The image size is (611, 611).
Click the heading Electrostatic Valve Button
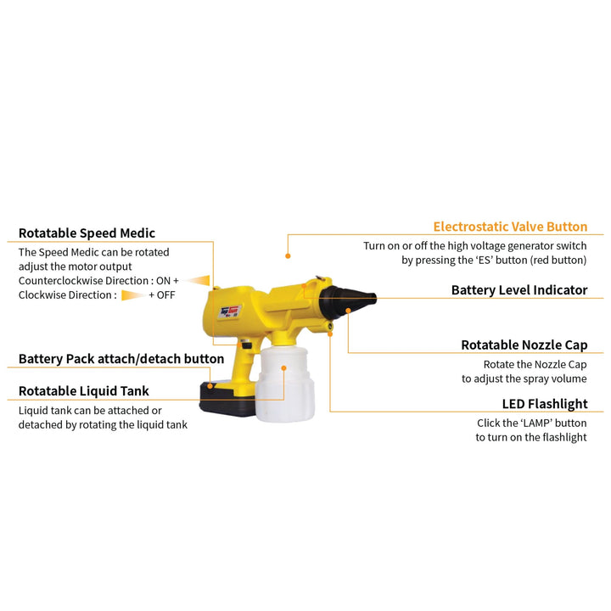[x=510, y=227]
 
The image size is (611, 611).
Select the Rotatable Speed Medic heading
[x=87, y=233]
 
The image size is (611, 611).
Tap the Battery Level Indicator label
[x=519, y=290]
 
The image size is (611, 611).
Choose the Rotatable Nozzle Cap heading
[x=524, y=345]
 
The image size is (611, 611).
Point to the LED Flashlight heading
[x=545, y=404]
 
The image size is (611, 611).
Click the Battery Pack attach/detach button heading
[x=121, y=358]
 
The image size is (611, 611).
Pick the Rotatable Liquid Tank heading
[x=84, y=391]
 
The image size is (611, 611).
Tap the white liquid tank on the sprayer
[x=285, y=384]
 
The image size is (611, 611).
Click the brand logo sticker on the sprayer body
[x=229, y=311]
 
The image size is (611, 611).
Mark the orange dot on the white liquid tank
[x=283, y=367]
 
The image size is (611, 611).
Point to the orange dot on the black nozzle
[x=349, y=311]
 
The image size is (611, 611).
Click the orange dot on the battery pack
[x=210, y=386]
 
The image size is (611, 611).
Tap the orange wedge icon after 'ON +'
[x=197, y=281]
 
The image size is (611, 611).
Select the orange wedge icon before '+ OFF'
[x=134, y=295]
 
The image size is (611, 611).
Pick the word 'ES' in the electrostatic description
[x=485, y=260]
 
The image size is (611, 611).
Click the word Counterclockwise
[x=60, y=281]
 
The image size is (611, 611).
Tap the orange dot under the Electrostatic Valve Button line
[x=288, y=256]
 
